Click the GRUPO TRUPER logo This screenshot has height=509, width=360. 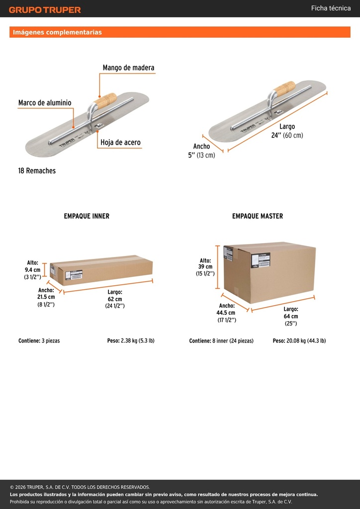point(45,10)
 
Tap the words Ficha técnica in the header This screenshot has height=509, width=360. point(331,8)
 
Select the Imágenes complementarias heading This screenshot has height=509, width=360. point(57,32)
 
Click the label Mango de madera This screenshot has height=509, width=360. point(129,68)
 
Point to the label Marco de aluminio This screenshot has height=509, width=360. point(45,103)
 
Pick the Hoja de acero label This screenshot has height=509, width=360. point(120,142)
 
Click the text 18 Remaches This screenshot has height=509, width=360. point(37,171)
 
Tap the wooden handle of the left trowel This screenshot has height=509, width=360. point(105,100)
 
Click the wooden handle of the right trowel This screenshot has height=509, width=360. point(284,88)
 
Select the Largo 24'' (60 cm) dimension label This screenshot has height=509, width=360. point(287,131)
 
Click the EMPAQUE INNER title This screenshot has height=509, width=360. point(87,216)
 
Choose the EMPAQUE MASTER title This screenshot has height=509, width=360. point(258,216)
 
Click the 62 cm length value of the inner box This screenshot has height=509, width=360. point(115,299)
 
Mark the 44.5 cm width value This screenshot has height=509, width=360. point(226,313)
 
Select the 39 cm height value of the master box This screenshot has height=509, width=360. point(205,267)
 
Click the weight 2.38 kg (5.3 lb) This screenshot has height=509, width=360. point(137,341)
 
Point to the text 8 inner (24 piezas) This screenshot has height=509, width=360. point(233,341)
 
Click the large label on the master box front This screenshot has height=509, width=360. point(261,260)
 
